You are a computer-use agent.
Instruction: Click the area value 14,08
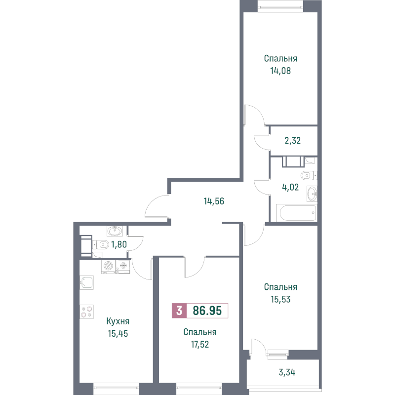click(279, 70)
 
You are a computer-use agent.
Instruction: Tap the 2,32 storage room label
click(293, 140)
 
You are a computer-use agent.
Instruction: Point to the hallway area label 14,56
click(214, 201)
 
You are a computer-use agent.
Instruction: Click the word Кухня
click(118, 321)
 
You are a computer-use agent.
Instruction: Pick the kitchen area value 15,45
click(118, 333)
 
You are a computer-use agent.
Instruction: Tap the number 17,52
click(199, 345)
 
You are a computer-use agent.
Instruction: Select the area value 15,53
click(280, 299)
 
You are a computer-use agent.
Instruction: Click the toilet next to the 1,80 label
click(102, 244)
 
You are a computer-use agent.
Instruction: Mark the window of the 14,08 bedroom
click(279, 7)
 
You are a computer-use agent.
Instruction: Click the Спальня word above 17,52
click(199, 332)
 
